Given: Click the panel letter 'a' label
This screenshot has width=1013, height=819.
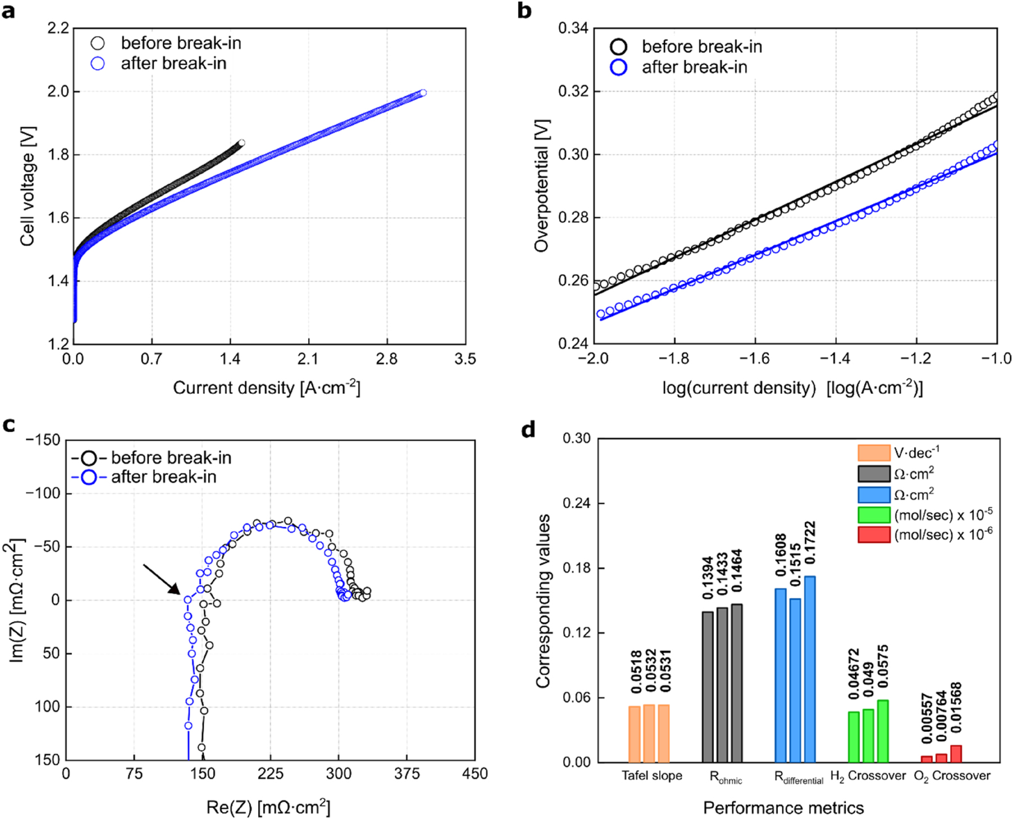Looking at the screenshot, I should tap(8, 11).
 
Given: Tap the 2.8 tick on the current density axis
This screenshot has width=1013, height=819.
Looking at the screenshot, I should tap(386, 359).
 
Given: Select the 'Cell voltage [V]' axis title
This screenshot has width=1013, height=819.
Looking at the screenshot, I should tap(28, 186).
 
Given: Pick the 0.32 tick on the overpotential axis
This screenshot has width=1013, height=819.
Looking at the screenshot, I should tap(571, 91).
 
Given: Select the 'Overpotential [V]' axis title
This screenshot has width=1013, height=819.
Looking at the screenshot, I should tap(542, 186).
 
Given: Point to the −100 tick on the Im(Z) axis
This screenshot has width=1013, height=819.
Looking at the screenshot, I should tap(43, 493).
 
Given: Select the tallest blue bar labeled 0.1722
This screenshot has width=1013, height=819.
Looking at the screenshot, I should tap(810, 669).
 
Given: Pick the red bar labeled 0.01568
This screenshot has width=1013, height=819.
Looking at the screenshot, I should tap(956, 754).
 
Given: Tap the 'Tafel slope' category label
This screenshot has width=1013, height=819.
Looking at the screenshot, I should tap(651, 776).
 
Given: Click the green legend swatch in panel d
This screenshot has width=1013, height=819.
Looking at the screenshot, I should tap(874, 515).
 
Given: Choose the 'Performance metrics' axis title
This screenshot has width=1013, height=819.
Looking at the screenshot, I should tap(783, 808).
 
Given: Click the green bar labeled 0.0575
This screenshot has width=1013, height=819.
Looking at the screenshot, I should tap(883, 731).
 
